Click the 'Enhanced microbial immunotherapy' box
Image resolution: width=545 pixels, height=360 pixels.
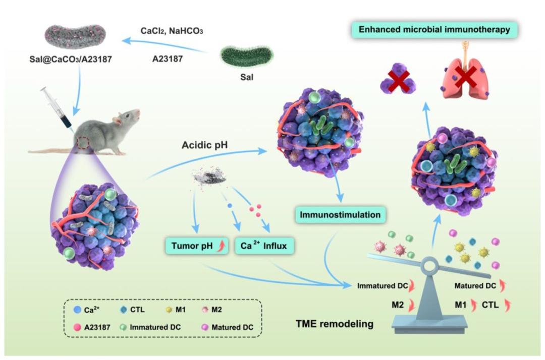(x=434, y=30)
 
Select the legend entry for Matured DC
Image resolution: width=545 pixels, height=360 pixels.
(x=230, y=327)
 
